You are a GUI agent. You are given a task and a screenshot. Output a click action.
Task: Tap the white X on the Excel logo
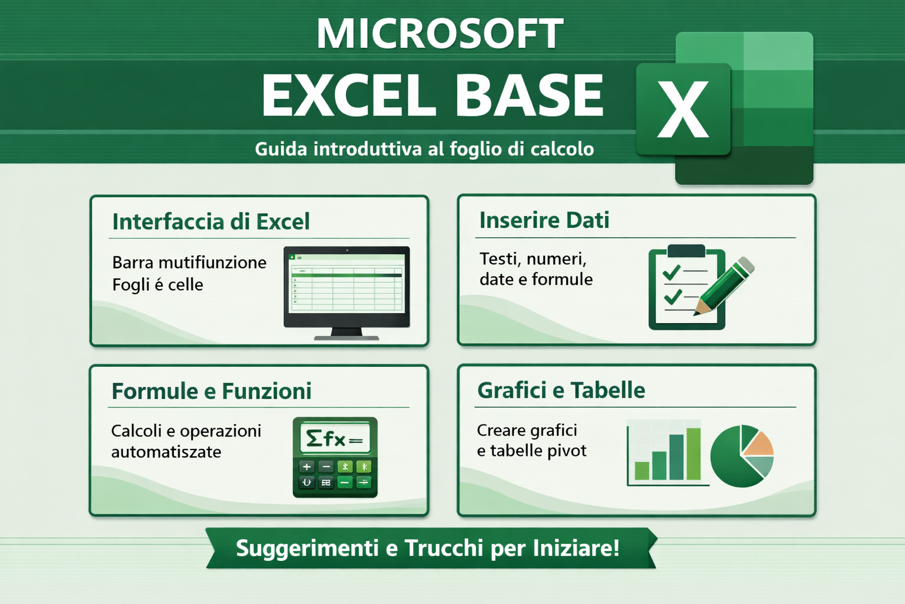coord(683,109)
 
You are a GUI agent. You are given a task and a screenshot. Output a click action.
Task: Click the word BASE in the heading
coord(530,96)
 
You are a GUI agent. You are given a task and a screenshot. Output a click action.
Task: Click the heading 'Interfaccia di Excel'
coord(211,222)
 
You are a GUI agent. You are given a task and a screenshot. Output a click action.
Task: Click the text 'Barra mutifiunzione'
coord(189,262)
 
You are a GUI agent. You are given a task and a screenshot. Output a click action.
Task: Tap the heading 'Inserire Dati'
coord(544,221)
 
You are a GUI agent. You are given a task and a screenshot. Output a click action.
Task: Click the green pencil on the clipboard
coord(724,285)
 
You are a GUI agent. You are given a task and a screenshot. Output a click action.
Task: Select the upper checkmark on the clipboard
coord(672,273)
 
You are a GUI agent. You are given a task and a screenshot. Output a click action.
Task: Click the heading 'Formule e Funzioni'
coord(212,391)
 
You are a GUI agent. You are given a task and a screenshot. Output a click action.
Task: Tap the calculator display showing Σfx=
coord(335,438)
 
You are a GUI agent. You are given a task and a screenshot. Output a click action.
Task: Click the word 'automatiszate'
coord(166,452)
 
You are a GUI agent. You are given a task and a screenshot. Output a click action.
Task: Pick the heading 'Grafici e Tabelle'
coord(561,390)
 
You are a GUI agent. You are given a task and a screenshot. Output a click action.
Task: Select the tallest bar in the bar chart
coord(693,454)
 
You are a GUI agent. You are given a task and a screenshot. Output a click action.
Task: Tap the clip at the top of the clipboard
coord(686,251)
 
